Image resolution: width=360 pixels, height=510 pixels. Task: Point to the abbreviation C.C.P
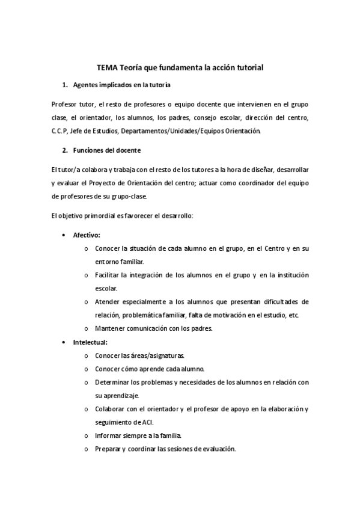[x=61, y=131]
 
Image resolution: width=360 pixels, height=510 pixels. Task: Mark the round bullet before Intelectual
[x=65, y=342]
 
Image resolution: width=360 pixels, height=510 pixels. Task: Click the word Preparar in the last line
[x=108, y=449]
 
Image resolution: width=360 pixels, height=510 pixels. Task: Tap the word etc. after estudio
[x=294, y=315]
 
